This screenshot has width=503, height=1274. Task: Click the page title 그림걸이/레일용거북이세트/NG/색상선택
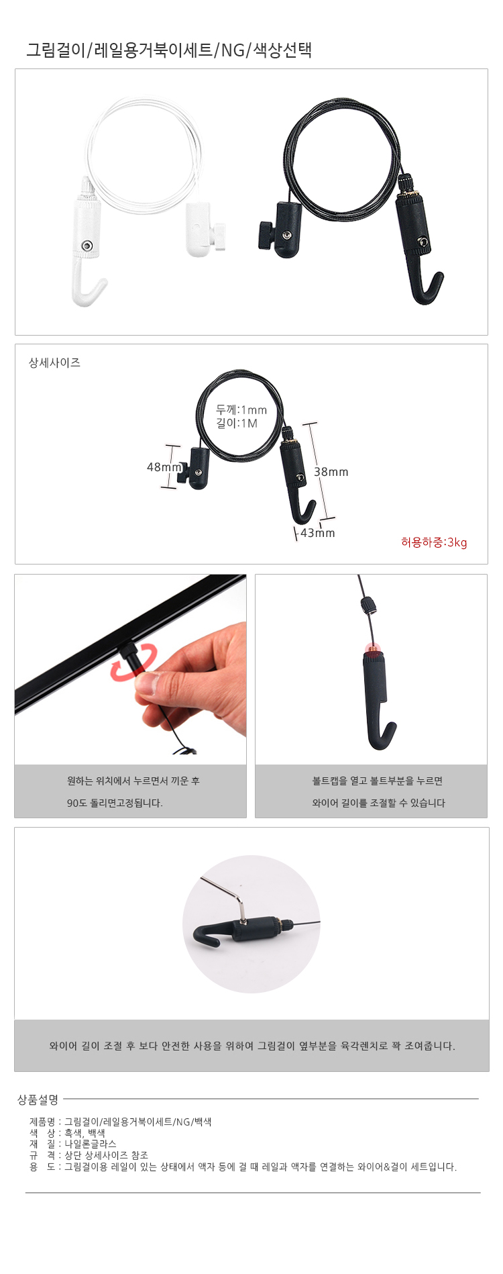click(169, 50)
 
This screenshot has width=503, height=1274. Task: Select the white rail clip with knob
click(204, 232)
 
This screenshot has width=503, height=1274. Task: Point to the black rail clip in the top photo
click(280, 230)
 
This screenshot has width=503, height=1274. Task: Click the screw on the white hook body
click(87, 246)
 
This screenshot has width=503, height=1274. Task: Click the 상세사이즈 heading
click(54, 362)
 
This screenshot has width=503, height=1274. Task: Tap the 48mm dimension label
click(164, 467)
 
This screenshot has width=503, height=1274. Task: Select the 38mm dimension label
click(331, 472)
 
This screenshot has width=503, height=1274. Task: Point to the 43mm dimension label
click(318, 533)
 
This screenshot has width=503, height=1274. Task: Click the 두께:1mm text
click(241, 409)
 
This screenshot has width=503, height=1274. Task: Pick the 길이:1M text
click(237, 423)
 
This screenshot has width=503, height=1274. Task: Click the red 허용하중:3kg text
click(434, 542)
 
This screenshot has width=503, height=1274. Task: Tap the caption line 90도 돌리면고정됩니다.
click(115, 803)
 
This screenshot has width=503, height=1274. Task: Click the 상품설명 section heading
click(38, 1099)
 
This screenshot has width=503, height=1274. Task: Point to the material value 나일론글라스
click(90, 1144)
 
